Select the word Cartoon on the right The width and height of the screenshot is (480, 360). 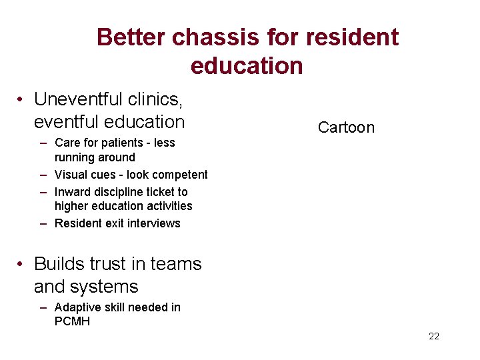pos(346,127)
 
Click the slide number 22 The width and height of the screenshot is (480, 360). pos(434,336)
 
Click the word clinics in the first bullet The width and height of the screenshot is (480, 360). pos(155,99)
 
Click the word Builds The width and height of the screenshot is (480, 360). pos(61,264)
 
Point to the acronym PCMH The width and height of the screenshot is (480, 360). pos(72,322)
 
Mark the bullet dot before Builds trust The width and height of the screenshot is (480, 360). pos(22,265)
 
